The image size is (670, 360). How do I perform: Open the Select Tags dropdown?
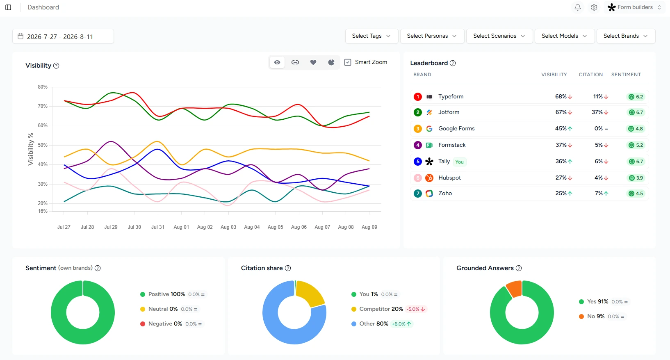(x=371, y=36)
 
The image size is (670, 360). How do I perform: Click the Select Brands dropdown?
(x=626, y=36)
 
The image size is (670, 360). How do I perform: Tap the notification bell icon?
(x=578, y=7)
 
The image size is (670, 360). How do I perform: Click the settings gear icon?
(x=594, y=7)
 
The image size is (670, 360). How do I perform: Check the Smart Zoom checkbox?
(x=348, y=62)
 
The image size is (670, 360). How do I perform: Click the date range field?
(x=63, y=36)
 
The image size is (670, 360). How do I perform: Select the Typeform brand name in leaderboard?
(x=451, y=97)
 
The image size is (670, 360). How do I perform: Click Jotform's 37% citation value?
(x=597, y=112)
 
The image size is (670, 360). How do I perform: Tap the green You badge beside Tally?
(x=459, y=162)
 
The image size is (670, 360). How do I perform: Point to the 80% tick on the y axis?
(x=43, y=87)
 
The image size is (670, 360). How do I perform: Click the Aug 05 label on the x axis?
(x=275, y=227)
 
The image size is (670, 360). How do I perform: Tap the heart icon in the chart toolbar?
(x=313, y=62)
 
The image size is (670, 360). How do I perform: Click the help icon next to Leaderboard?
(x=453, y=63)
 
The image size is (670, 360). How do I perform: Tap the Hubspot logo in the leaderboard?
(x=429, y=178)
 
